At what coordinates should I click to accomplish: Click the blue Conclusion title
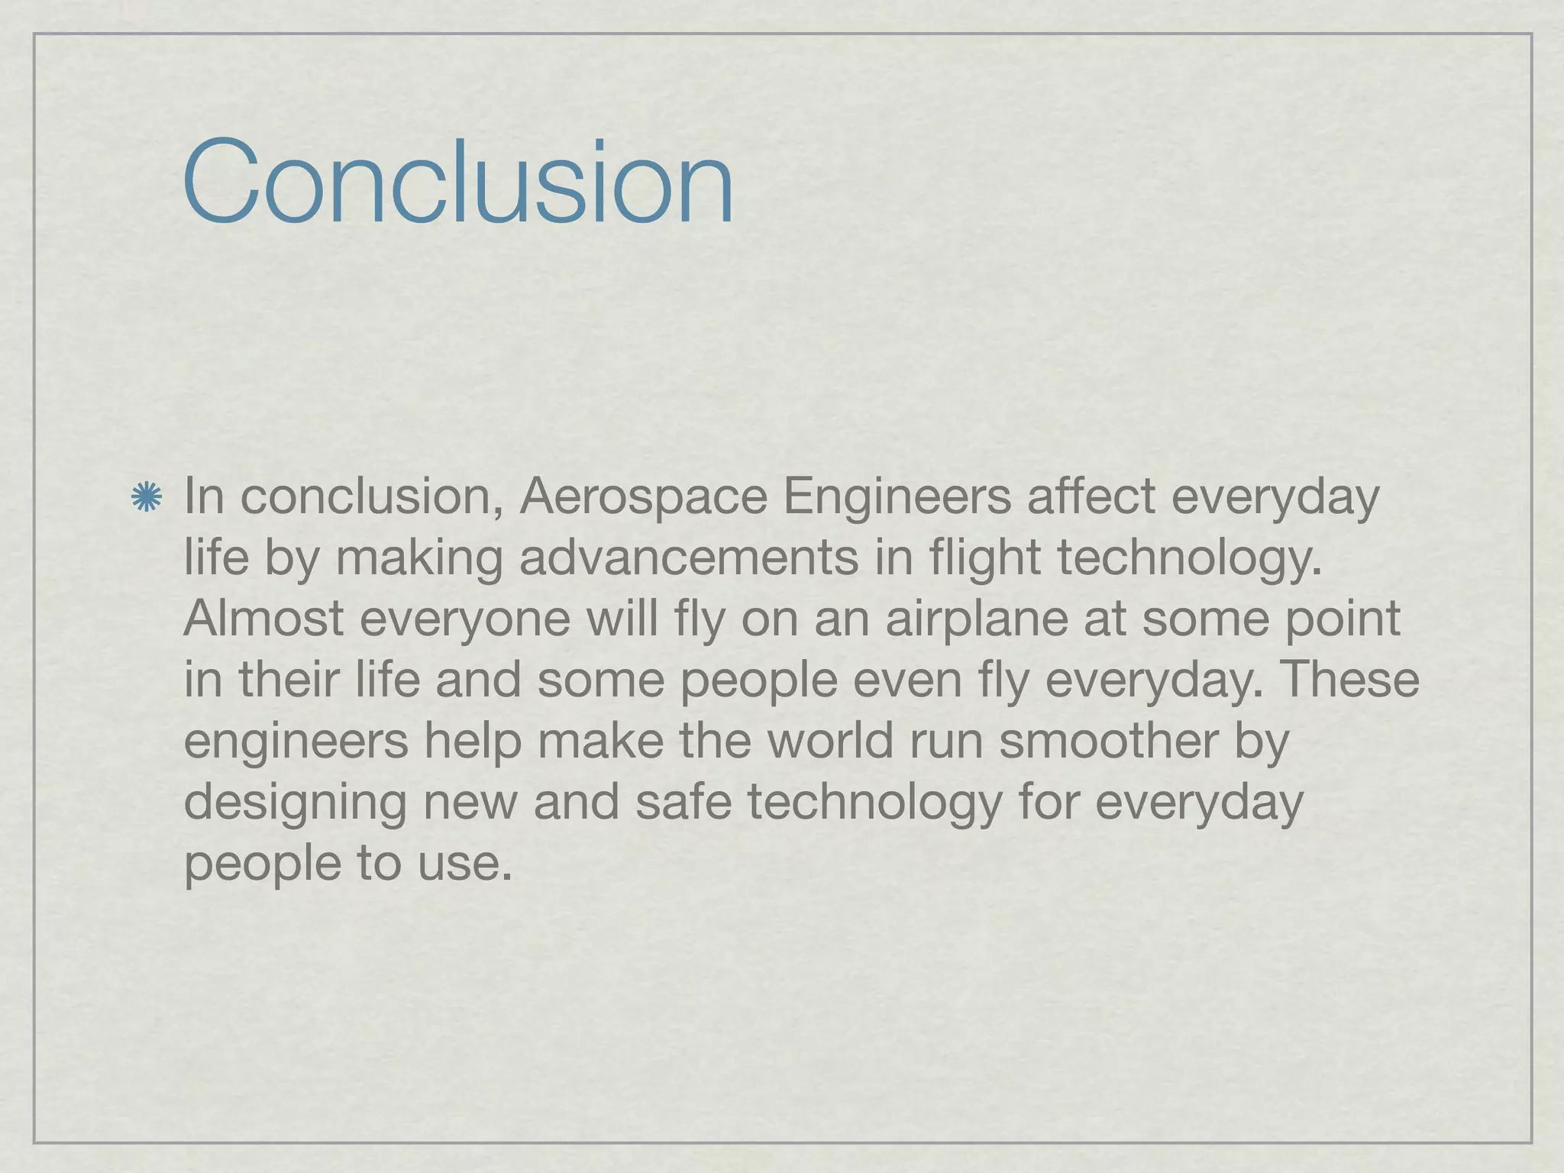pos(458,183)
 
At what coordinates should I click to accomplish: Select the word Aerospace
pos(643,496)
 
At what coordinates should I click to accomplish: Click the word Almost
pos(263,619)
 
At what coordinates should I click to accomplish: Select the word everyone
pos(464,620)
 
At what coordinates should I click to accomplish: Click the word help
pos(473,742)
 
